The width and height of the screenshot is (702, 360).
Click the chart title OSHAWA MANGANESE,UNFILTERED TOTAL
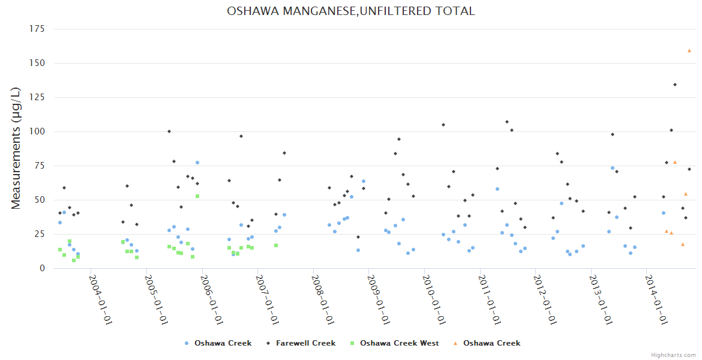coord(351,11)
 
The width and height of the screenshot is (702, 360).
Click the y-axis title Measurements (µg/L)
coord(16,148)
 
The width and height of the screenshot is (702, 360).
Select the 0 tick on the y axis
coord(42,268)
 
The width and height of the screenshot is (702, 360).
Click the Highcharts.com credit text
coord(673,355)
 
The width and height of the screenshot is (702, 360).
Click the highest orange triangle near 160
coord(689,50)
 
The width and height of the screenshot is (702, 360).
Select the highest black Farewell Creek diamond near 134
coord(675,85)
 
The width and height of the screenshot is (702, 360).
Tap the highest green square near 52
coord(197,196)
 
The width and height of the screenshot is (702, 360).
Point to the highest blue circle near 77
coord(197,163)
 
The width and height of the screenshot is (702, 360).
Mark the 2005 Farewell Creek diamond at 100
coord(169,131)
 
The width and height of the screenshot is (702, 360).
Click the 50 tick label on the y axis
coord(40,200)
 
